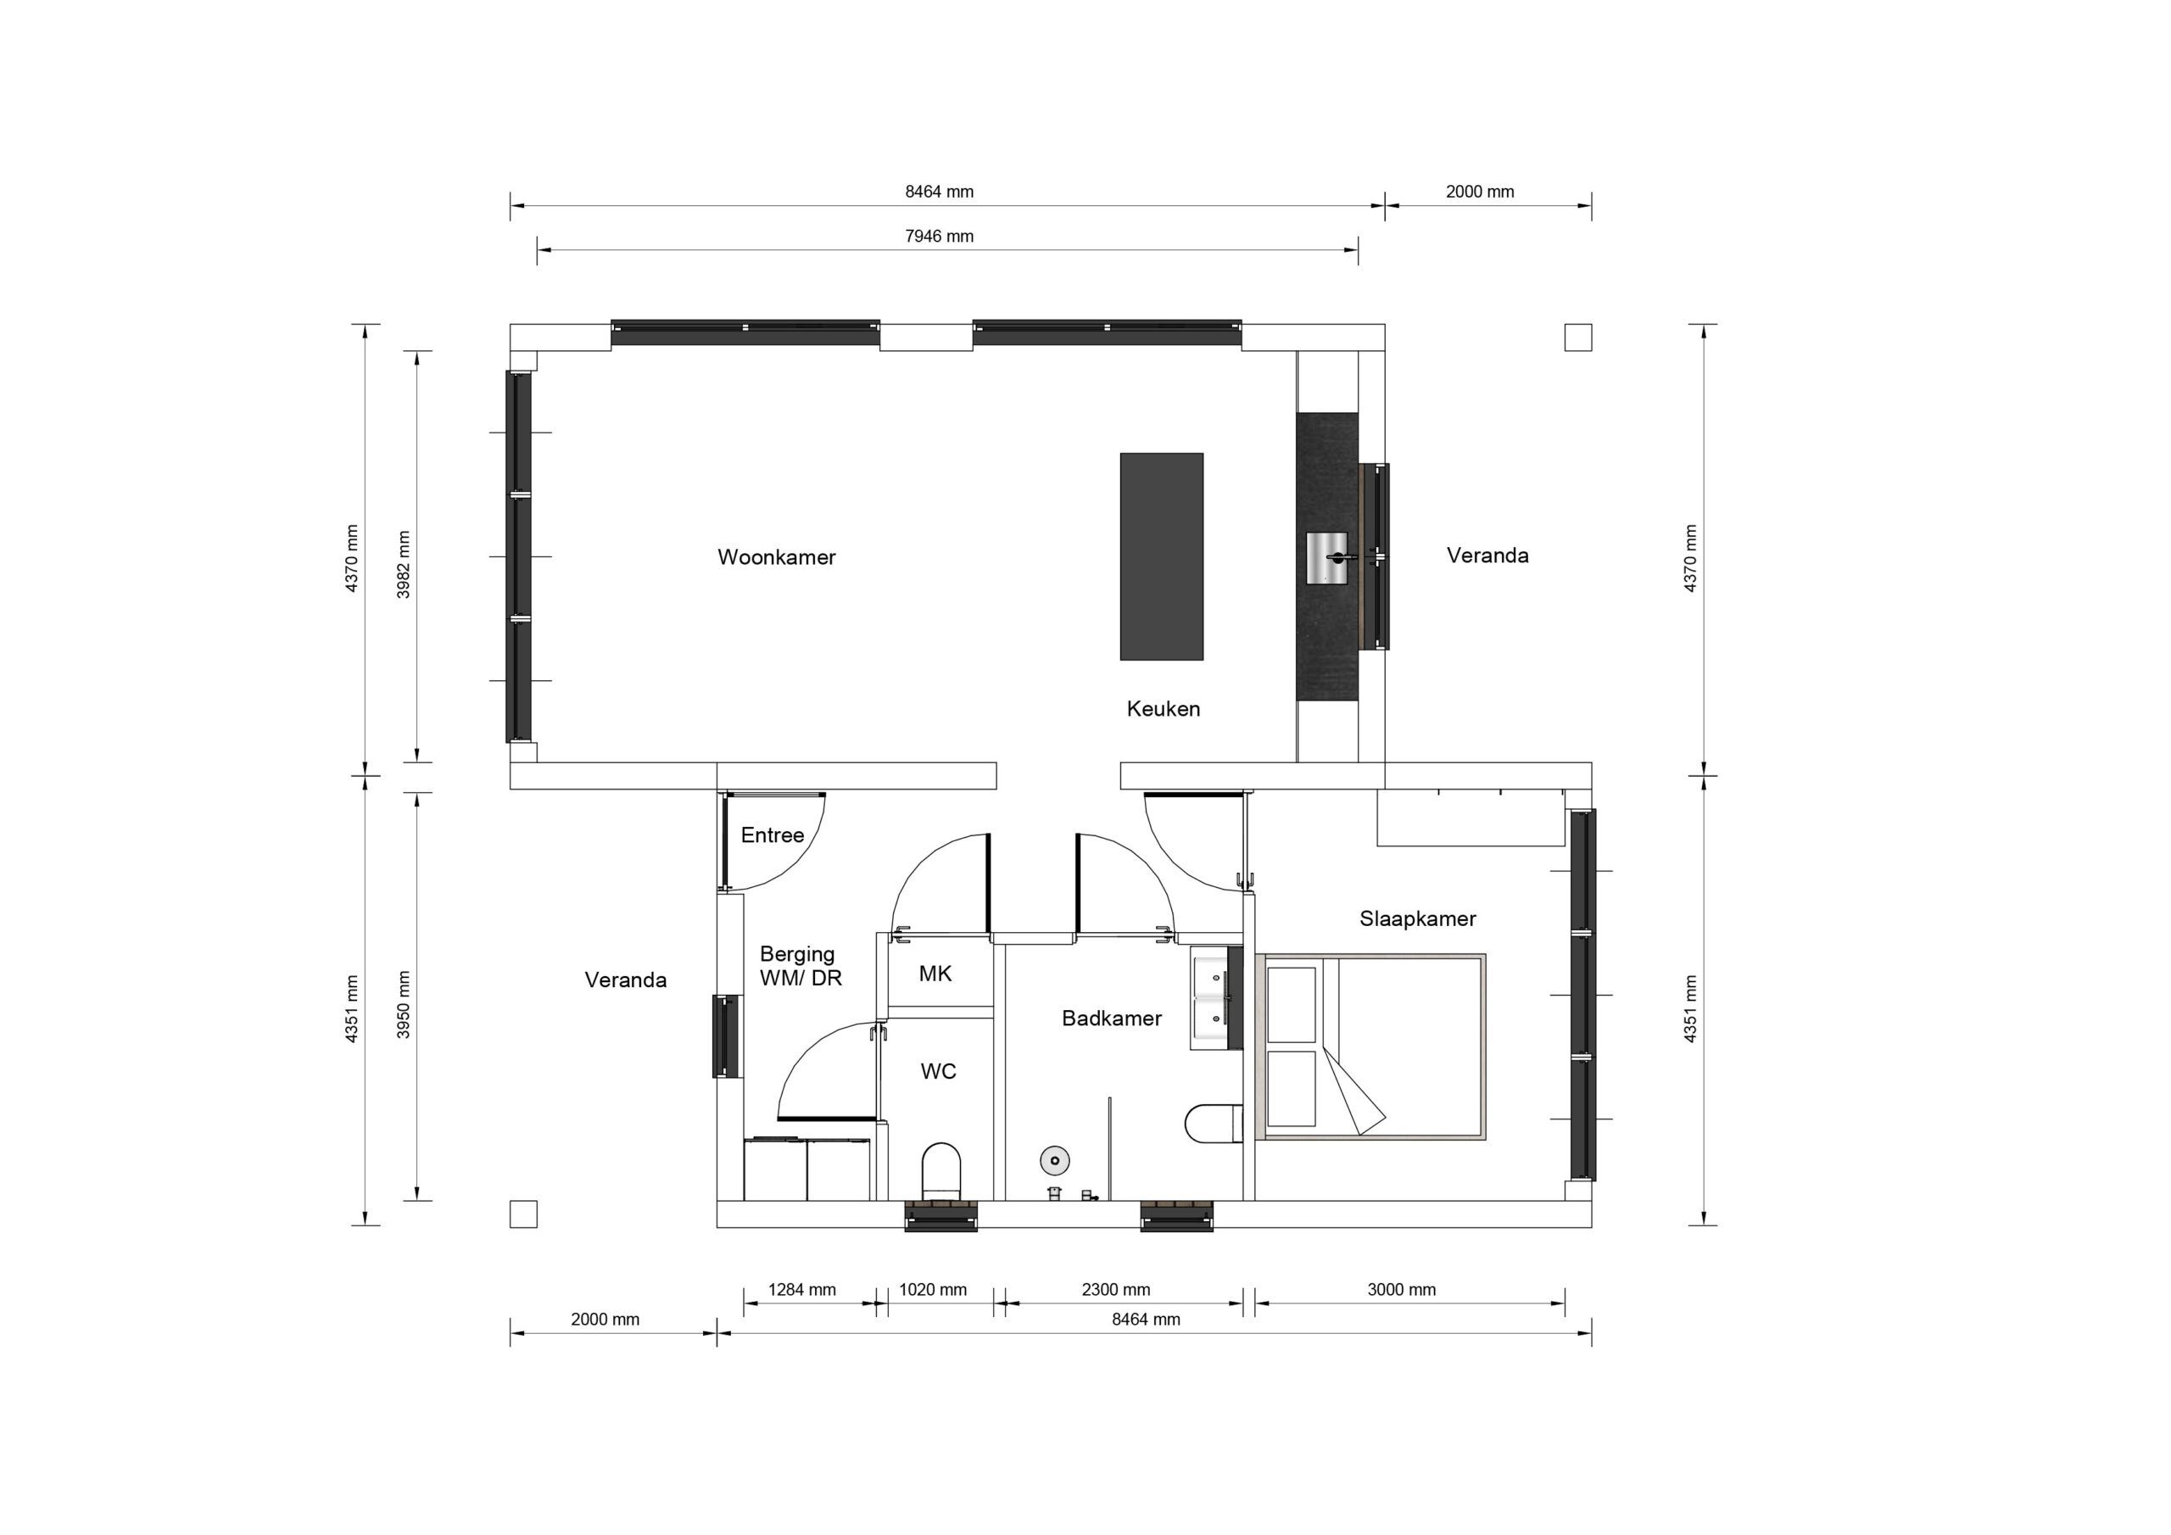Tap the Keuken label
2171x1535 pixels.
[x=1163, y=708]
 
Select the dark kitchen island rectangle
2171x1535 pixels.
[x=1161, y=556]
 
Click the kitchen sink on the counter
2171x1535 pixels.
[x=1326, y=557]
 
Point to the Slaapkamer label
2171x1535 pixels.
[x=1417, y=918]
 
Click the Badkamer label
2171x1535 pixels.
[x=1111, y=1019]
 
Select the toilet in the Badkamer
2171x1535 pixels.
[x=1214, y=1124]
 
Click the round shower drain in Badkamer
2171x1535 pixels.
[x=1054, y=1160]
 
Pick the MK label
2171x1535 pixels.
[x=935, y=974]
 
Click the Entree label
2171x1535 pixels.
[x=772, y=835]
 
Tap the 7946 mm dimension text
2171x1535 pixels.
[x=939, y=237]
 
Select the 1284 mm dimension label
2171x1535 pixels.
[x=802, y=1289]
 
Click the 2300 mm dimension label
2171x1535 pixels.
[x=1116, y=1289]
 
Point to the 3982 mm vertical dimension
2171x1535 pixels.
[x=404, y=564]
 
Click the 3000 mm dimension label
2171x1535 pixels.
[x=1401, y=1289]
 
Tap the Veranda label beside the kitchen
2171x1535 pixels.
[x=1487, y=555]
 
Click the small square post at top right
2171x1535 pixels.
[x=1577, y=337]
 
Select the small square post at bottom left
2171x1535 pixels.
[x=523, y=1214]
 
